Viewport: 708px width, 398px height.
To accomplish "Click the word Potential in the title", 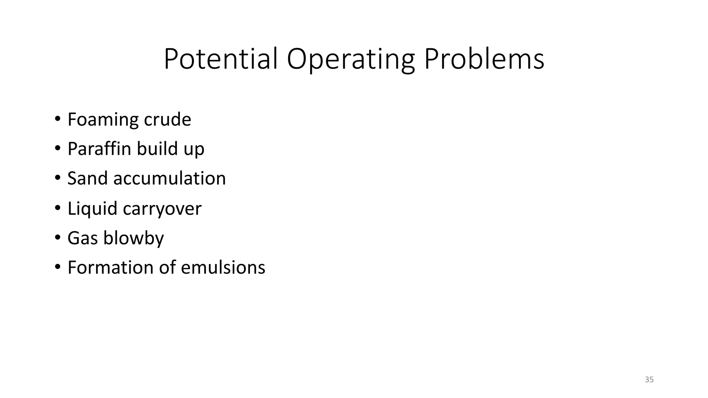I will (221, 59).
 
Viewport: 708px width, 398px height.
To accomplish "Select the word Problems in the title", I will (484, 59).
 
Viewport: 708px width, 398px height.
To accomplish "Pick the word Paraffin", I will (99, 149).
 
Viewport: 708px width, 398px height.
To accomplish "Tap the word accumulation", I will (169, 179).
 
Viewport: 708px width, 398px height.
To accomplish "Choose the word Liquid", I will (92, 209).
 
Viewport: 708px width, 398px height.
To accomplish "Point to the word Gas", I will (83, 238).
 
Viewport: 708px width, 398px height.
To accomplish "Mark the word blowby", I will (133, 238).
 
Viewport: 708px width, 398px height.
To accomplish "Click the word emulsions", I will (223, 268).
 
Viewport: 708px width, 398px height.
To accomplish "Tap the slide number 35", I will (649, 380).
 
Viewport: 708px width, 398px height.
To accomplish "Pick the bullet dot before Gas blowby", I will (57, 238).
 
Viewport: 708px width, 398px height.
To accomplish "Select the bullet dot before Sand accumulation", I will (57, 178).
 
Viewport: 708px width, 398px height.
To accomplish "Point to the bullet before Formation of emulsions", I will (57, 267).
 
